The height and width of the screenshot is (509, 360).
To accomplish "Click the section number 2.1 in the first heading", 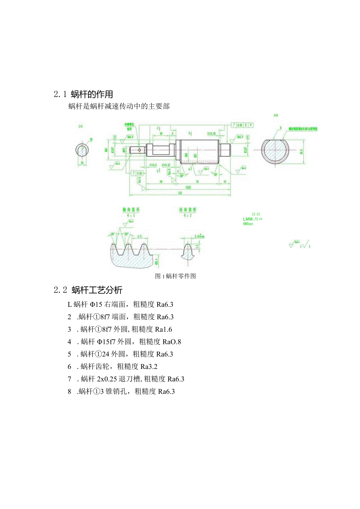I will pos(61,94).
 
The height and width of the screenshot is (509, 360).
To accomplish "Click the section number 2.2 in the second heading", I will pos(61,290).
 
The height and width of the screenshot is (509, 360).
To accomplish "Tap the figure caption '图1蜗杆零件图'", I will pos(175,276).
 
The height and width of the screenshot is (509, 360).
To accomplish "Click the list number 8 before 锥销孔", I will pos(69,392).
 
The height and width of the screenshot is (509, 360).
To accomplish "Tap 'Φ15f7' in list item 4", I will pos(106,342).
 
